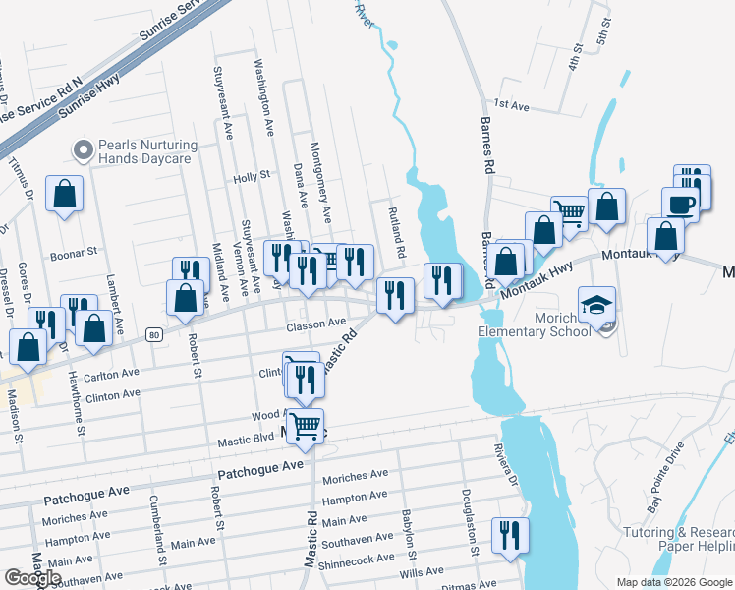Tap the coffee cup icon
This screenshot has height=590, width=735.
coord(679,204)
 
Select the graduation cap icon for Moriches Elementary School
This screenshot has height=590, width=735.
coord(596,306)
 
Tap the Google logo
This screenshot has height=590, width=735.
coord(32,577)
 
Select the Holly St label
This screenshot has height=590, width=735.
coord(252,177)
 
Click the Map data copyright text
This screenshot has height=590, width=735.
coord(672,582)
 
